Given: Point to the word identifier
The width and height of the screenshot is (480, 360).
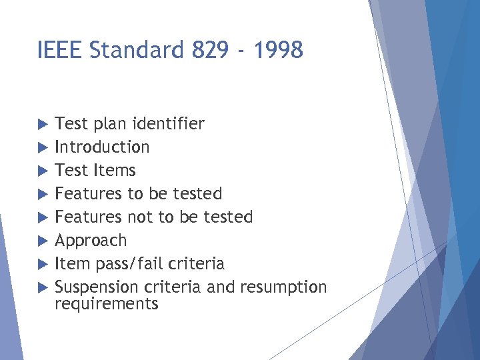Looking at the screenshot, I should pos(168,123).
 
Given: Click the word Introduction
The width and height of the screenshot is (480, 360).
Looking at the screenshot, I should pos(102,147).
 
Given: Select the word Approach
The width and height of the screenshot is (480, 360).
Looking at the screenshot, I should pos(90,240).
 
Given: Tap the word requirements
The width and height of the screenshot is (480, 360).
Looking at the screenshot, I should pos(107,305).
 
